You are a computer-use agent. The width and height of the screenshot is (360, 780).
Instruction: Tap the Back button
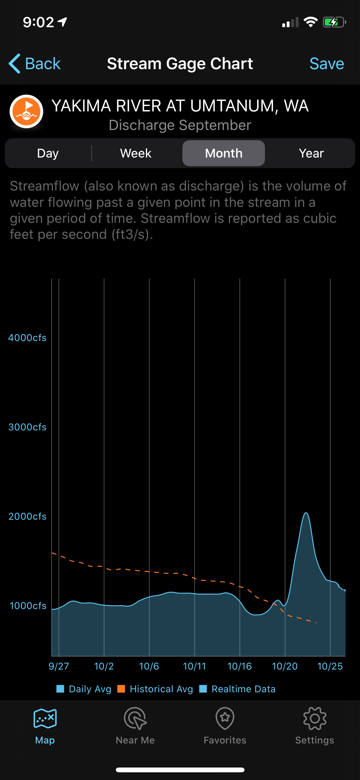pos(35,63)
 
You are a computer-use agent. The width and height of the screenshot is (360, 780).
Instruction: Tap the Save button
pos(327,63)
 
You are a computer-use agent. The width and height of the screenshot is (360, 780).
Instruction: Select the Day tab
pos(48,153)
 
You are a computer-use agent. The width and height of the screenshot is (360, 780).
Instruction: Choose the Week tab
pos(136,153)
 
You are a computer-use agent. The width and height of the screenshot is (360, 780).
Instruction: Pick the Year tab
pos(311,153)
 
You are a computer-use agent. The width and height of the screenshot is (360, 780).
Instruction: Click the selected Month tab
pos(224,153)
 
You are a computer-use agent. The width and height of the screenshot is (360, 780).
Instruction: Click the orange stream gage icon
pos(27,111)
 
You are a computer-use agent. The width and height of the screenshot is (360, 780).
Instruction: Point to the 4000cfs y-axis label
pos(28,338)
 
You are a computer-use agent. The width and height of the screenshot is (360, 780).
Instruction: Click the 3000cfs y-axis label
pos(28,427)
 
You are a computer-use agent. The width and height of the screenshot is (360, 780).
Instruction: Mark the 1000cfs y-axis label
pos(28,606)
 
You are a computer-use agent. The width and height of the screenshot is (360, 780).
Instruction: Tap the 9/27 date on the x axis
pos(59,666)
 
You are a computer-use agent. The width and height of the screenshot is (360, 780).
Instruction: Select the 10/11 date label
pos(195,666)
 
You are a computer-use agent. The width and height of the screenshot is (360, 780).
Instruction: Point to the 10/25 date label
pos(330,666)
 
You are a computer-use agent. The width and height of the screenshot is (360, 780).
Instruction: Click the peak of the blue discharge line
pos(306,513)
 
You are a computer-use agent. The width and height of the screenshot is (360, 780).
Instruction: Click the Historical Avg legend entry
pos(155,689)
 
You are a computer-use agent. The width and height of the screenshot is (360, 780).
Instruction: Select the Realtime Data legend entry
pos(237,689)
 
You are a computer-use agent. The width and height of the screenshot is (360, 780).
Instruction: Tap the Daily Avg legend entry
pos(84,689)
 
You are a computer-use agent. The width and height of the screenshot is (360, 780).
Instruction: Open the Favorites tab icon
pos(225,719)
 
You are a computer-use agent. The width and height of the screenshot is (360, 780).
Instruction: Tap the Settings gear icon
pos(315,719)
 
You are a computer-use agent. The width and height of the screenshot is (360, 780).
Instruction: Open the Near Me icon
pos(135,719)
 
